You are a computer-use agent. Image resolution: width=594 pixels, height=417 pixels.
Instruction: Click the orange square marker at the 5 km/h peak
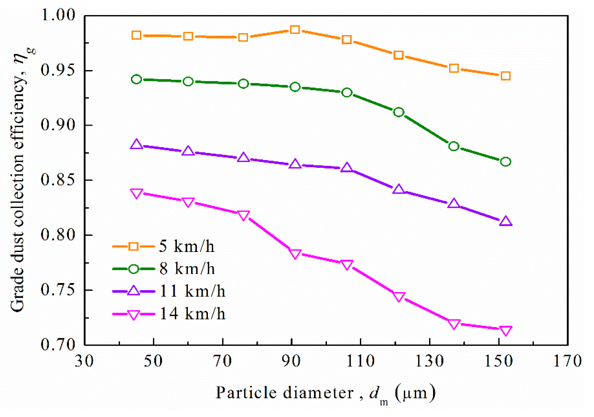coord(295,29)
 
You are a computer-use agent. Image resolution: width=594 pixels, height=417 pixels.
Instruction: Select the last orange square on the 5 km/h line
coord(505,76)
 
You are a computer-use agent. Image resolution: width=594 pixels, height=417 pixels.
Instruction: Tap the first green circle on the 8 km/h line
coord(136,79)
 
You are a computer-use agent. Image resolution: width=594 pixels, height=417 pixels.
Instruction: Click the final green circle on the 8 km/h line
coord(505,162)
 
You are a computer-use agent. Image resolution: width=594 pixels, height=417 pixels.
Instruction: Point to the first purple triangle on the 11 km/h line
coord(136,144)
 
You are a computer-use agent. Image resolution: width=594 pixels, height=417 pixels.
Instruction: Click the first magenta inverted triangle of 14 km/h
coord(136,193)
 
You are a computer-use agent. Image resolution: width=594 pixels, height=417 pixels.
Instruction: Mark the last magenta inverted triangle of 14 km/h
coord(505,331)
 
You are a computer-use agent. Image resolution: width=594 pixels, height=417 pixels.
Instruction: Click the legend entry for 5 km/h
coord(186,246)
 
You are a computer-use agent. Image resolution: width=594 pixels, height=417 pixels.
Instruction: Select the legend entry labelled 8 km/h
coord(187,268)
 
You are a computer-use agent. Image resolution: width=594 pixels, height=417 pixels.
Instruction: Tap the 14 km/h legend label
coord(192,314)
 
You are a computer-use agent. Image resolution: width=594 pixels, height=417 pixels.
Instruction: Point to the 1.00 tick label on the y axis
coord(58,15)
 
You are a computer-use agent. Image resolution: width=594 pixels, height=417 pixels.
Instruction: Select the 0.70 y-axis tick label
coord(58,345)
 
